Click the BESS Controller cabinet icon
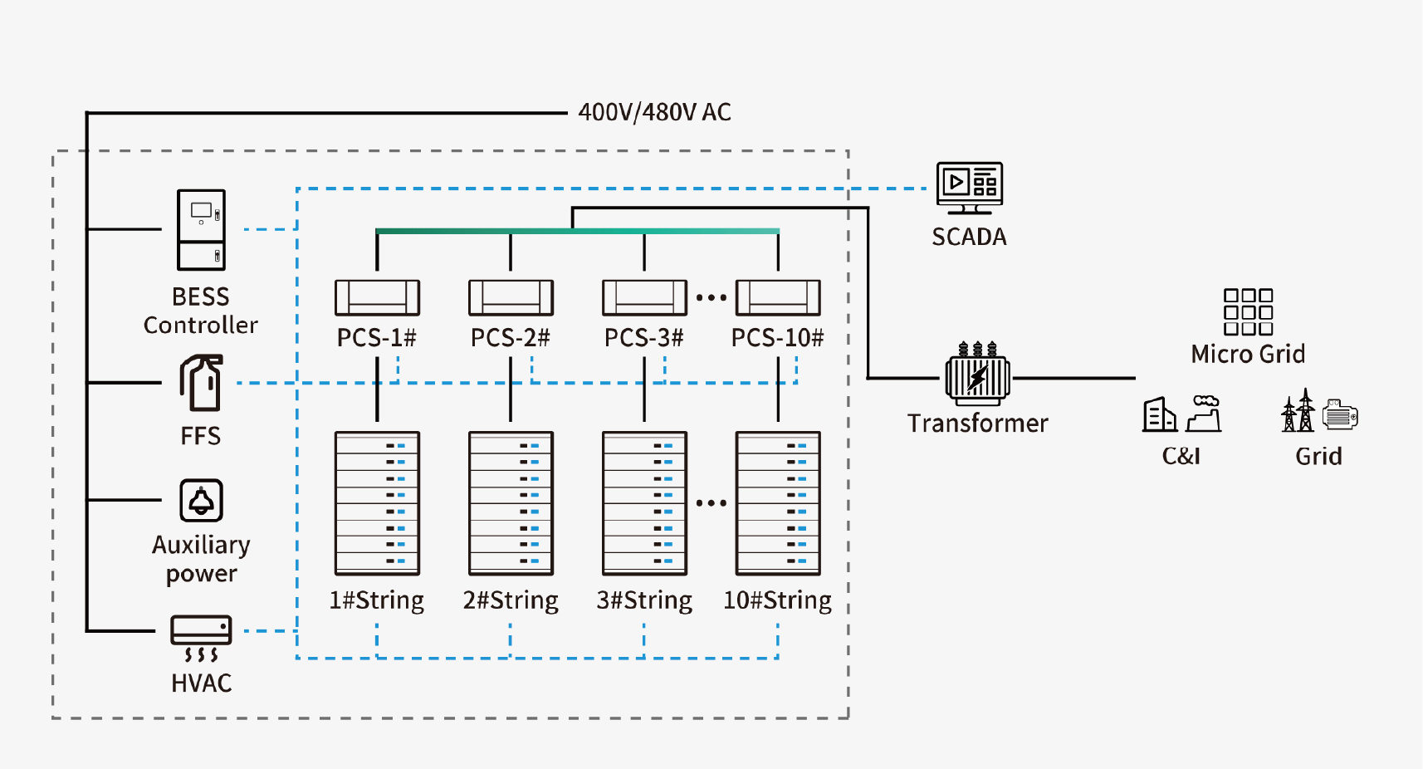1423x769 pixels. pos(201,230)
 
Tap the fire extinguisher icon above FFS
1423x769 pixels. pos(201,383)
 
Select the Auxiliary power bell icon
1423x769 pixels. pos(201,501)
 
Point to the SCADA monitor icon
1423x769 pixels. pos(969,187)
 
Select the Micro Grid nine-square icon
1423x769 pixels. pos(1248,312)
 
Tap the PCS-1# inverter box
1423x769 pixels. pos(377,297)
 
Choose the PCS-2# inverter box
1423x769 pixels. pos(511,297)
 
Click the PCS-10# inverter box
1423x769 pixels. pos(778,297)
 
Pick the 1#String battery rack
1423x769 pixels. pos(377,502)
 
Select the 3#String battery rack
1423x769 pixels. pos(644,502)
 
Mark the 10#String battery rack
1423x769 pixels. pos(778,502)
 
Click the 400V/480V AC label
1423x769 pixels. pos(654,112)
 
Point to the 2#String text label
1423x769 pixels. pos(511,600)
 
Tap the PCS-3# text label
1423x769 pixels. pos(644,338)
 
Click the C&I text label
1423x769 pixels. pos(1181,456)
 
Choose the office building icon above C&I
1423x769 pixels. pos(1159,414)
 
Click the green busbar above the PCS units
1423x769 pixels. pos(577,231)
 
